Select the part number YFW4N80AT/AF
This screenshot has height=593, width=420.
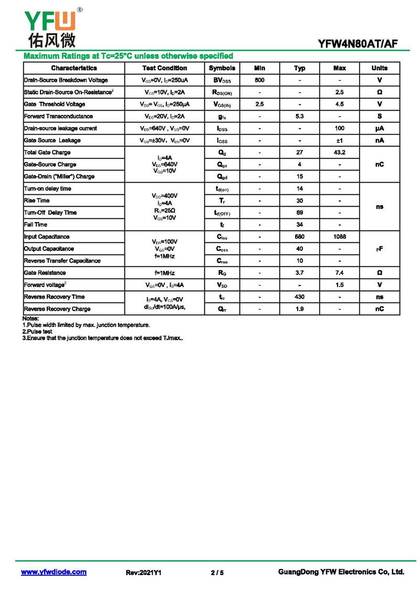pyautogui.click(x=358, y=44)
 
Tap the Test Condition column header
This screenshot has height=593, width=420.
pyautogui.click(x=164, y=68)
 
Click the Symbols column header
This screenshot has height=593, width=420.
pyautogui.click(x=222, y=68)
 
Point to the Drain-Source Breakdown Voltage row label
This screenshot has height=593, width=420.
pyautogui.click(x=66, y=80)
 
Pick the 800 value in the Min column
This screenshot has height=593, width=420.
pyautogui.click(x=259, y=80)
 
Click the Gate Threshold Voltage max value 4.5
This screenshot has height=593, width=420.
pyautogui.click(x=340, y=104)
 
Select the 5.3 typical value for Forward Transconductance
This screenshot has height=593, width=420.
pyautogui.click(x=300, y=117)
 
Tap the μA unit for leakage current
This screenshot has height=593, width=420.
pyautogui.click(x=380, y=129)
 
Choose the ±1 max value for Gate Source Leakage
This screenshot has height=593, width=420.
pyautogui.click(x=340, y=141)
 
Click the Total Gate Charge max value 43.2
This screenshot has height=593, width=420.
pyautogui.click(x=340, y=153)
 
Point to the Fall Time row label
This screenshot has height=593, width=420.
pyautogui.click(x=36, y=225)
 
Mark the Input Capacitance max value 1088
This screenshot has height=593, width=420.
pyautogui.click(x=340, y=237)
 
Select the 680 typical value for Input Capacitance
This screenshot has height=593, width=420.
pyautogui.click(x=300, y=237)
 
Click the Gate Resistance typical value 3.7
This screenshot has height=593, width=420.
pyautogui.click(x=300, y=273)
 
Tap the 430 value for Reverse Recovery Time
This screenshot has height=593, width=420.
pyautogui.click(x=300, y=297)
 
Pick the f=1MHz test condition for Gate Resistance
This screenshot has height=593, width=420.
pyautogui.click(x=164, y=273)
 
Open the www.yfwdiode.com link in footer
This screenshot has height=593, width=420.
pyautogui.click(x=54, y=572)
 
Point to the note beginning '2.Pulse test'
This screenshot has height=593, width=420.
pyautogui.click(x=38, y=332)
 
